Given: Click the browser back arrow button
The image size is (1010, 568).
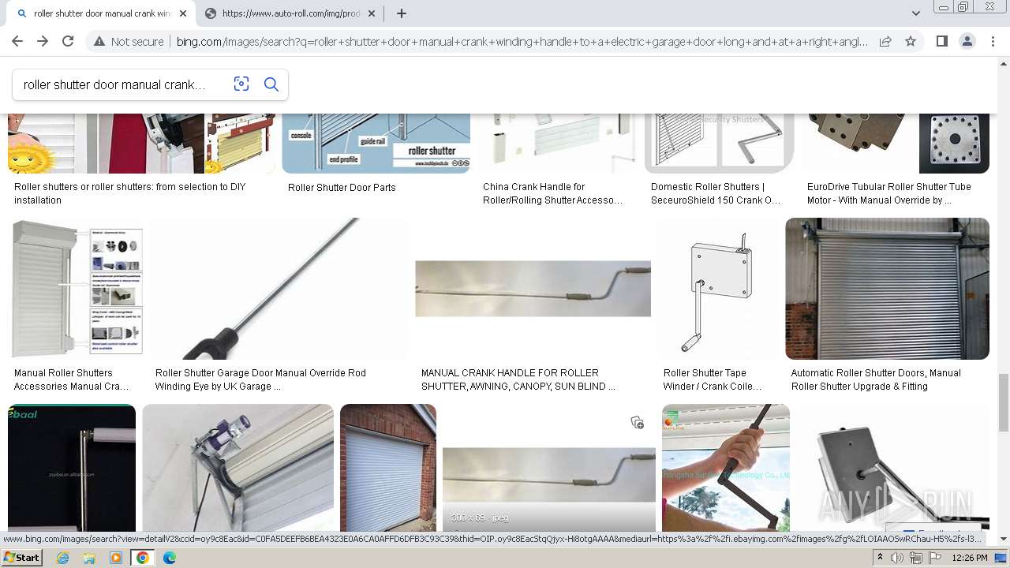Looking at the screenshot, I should point(17,42).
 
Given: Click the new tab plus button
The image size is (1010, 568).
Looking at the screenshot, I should point(402,13).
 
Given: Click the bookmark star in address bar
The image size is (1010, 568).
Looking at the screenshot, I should point(911,42).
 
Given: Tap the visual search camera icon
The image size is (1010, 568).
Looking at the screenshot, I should point(241,84).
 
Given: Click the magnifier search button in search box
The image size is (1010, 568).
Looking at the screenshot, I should point(271,84).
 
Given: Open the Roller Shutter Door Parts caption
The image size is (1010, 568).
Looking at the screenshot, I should point(342,188).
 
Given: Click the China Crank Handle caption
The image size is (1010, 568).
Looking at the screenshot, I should point(552,193).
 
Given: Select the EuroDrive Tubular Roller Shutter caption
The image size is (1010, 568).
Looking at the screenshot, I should point(888,193).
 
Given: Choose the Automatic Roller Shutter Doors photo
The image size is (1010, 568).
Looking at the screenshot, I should point(887,289).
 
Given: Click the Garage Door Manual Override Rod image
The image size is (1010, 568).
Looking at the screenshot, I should point(280,289).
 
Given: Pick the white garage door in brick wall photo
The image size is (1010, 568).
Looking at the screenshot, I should point(388,467).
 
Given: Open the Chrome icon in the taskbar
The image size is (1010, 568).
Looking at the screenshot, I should point(143,558).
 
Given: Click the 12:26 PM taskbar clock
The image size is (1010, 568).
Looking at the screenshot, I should point(969,558).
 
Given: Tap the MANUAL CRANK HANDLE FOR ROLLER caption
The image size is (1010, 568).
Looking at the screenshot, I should point(518,379).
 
